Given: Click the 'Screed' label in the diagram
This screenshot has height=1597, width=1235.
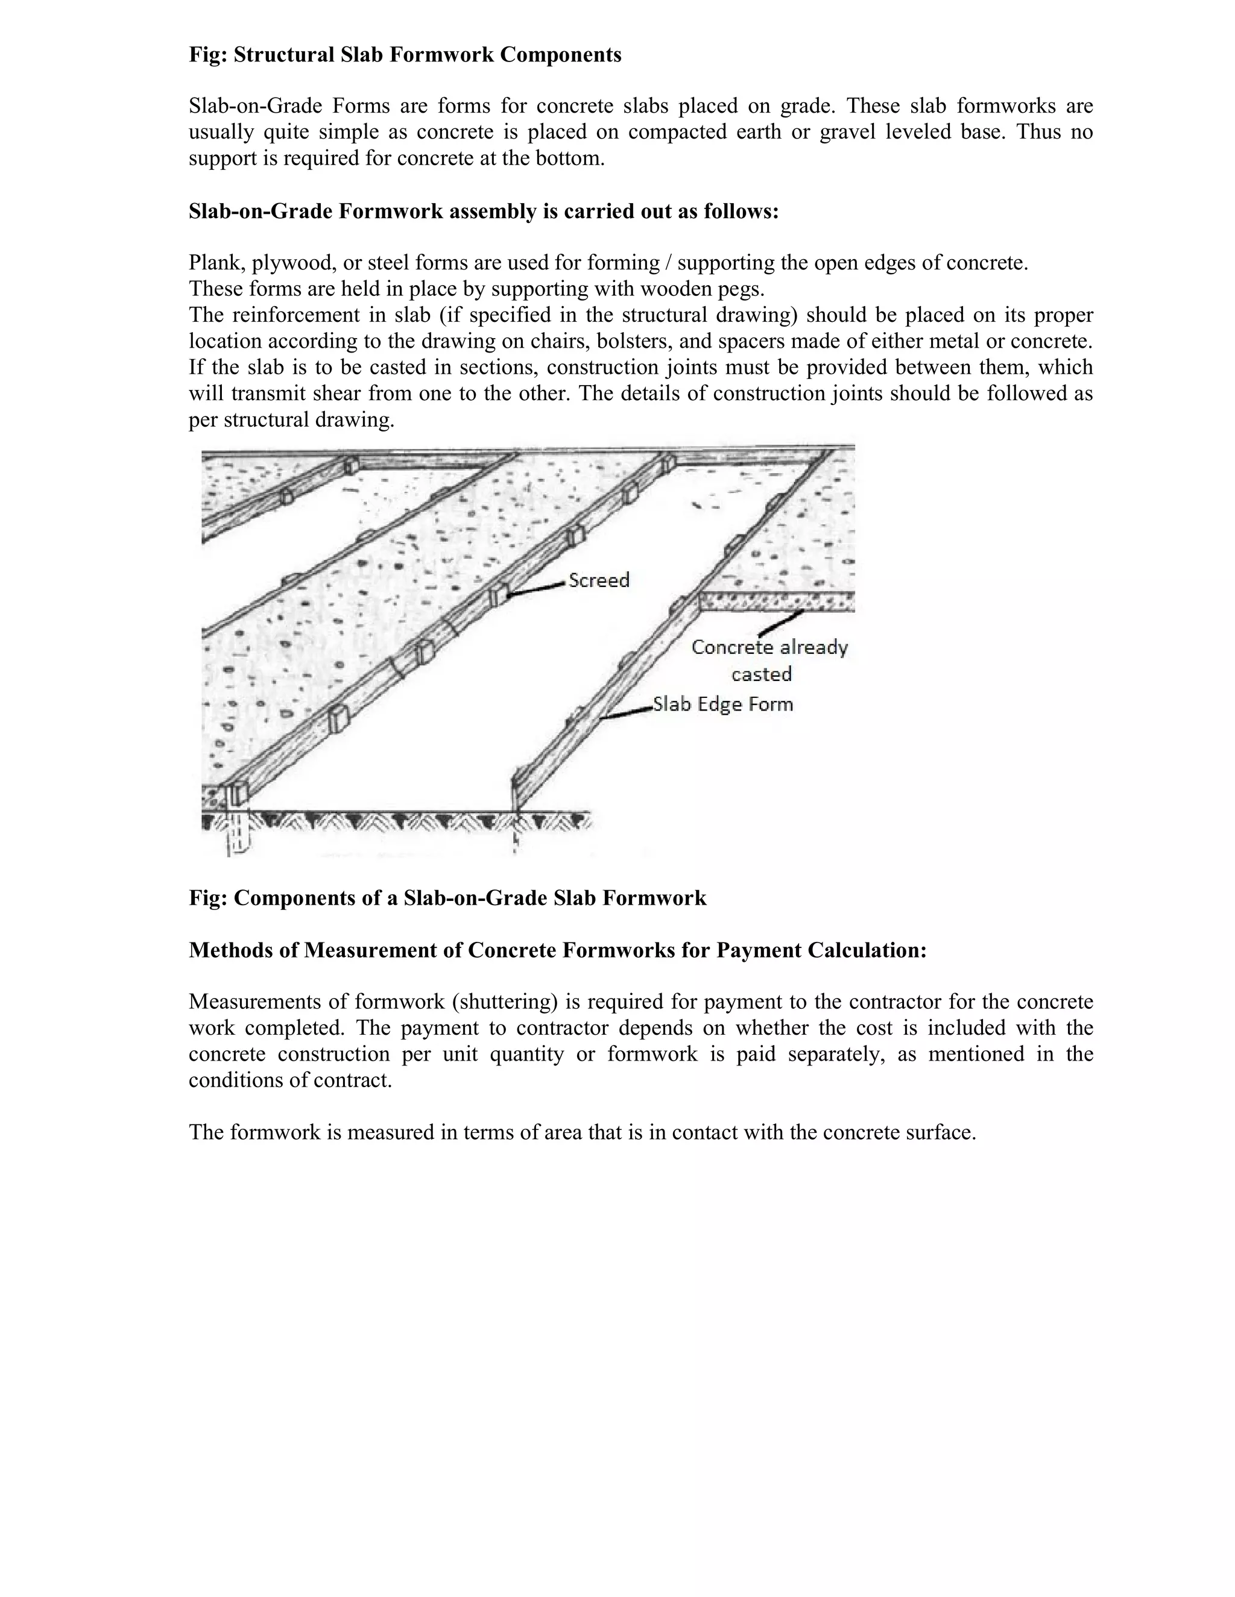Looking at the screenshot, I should coord(598,580).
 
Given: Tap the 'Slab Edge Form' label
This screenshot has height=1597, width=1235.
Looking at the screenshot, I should coord(722,704).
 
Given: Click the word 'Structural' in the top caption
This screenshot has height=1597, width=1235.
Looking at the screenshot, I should coord(284,55).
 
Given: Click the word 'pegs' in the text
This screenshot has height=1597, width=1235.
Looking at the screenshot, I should coord(741,289).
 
